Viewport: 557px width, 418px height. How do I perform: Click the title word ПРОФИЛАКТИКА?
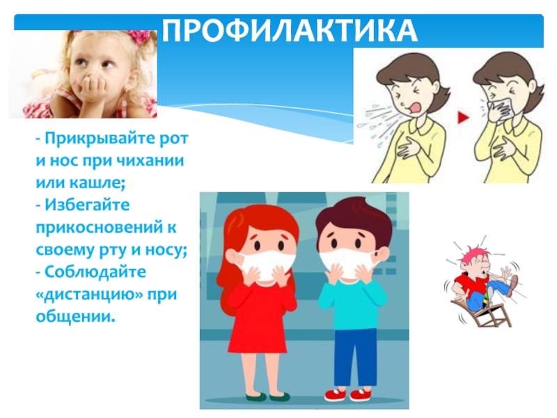point(290,31)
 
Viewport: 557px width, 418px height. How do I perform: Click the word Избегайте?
point(87,205)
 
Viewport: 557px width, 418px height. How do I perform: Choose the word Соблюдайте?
point(95,272)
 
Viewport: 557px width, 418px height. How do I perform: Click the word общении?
point(76,317)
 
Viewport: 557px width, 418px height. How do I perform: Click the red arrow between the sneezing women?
point(463,117)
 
